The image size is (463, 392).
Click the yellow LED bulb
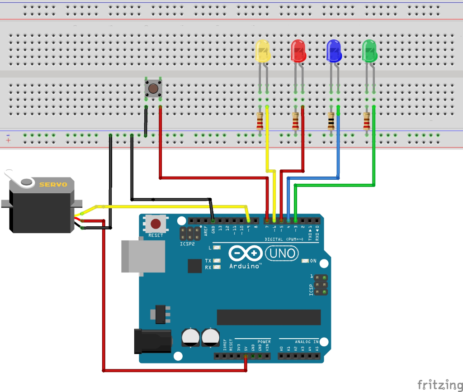click(x=263, y=51)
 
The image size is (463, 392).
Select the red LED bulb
click(x=298, y=50)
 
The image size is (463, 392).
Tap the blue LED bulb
click(x=334, y=51)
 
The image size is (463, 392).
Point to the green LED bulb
click(x=369, y=51)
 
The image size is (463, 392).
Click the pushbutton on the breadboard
click(x=153, y=88)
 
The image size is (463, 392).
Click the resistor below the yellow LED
click(x=260, y=121)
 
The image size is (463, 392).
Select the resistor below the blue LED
click(x=331, y=121)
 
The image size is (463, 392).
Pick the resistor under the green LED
click(x=367, y=121)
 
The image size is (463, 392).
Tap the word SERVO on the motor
click(x=53, y=184)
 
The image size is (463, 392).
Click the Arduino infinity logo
click(x=246, y=253)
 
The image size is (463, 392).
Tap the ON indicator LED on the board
click(x=305, y=261)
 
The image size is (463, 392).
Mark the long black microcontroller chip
click(x=269, y=317)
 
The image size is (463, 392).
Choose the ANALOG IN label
click(x=307, y=341)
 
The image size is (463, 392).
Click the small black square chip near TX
click(x=194, y=266)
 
